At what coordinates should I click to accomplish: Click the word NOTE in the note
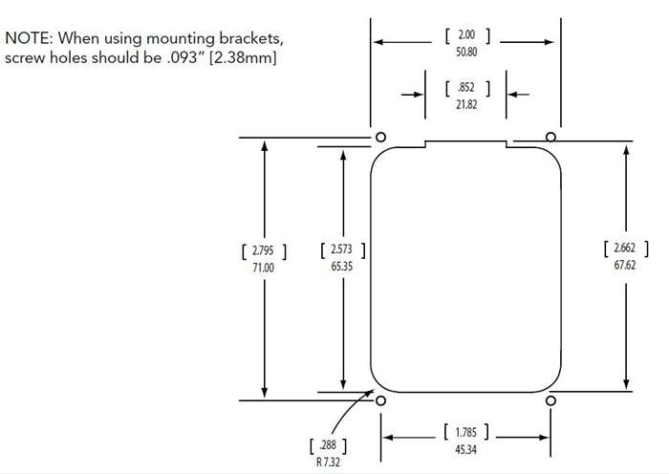[28, 38]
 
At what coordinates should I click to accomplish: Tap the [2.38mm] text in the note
[243, 57]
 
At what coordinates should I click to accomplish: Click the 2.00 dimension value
[466, 34]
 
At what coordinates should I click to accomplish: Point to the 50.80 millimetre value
[466, 52]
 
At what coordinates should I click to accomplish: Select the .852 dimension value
[466, 88]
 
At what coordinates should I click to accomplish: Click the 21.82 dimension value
[466, 104]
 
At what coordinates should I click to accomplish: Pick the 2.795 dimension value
[263, 250]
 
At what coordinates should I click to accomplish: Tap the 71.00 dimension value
[263, 268]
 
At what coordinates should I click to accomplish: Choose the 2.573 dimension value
[342, 249]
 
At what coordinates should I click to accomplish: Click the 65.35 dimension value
[342, 267]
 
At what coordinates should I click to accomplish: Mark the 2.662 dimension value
[625, 248]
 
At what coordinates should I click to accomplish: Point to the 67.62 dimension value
[625, 266]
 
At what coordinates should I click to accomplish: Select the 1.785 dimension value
[466, 432]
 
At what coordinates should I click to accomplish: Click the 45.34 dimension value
[465, 450]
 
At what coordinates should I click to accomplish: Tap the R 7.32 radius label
[328, 462]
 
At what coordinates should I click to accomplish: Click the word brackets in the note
[250, 39]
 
